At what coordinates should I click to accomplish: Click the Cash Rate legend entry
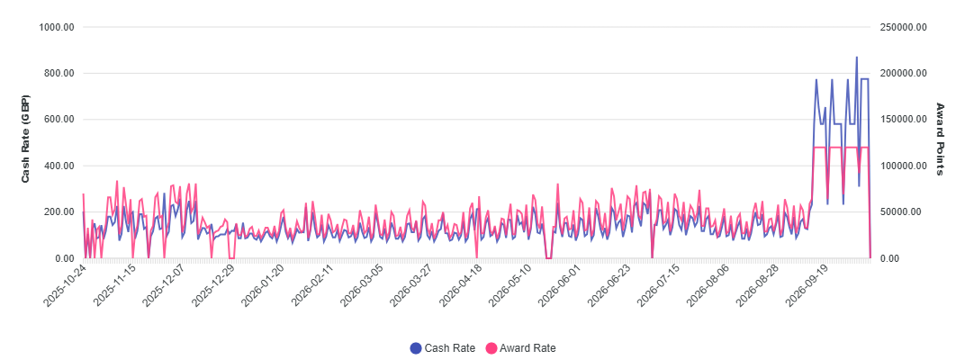pyautogui.click(x=443, y=347)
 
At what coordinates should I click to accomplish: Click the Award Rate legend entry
pyautogui.click(x=520, y=347)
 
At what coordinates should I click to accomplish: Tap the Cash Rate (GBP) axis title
pyautogui.click(x=26, y=139)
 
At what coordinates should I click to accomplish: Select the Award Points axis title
pyautogui.click(x=940, y=139)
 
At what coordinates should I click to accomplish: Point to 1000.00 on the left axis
pyautogui.click(x=57, y=27)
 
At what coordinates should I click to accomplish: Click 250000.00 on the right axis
pyautogui.click(x=903, y=27)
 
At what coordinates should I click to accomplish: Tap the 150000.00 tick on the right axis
pyautogui.click(x=903, y=120)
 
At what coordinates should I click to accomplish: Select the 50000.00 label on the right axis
pyautogui.click(x=900, y=211)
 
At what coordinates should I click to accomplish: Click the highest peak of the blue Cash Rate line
pyautogui.click(x=856, y=58)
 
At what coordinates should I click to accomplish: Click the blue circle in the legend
pyautogui.click(x=416, y=348)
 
